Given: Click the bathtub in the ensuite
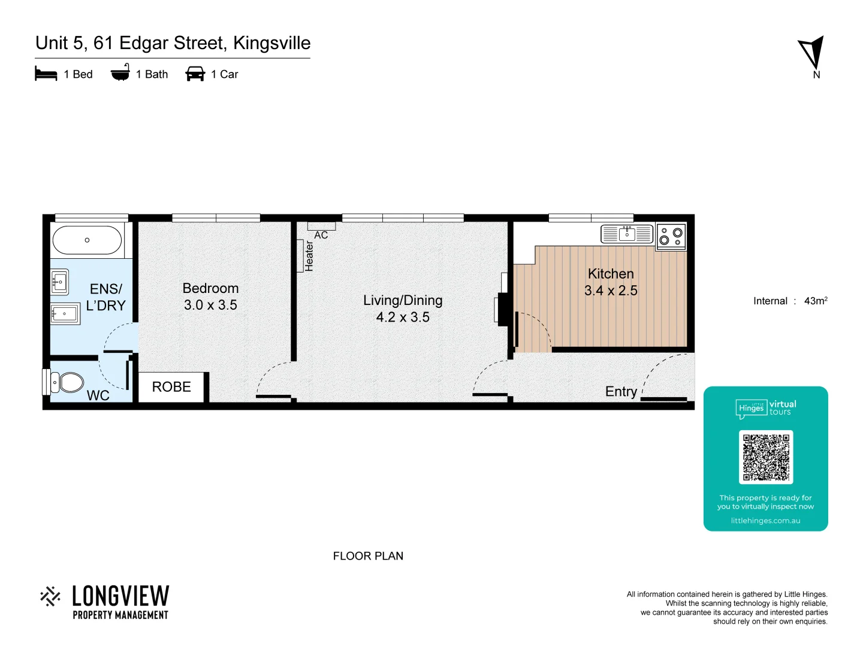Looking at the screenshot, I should pos(87,240).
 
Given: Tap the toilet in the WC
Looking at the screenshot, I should pos(67,382).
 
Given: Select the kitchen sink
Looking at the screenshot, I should pos(627,234).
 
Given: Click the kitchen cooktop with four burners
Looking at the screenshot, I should pos(671,237).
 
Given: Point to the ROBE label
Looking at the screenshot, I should pos(171,387).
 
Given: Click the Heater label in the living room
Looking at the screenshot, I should pos(309,256).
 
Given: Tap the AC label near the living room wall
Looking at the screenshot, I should pos(321,235).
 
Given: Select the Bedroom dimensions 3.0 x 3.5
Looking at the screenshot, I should pos(210,305).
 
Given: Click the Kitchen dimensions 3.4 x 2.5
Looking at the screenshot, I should pos(611,291).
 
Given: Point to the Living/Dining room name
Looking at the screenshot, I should pos(403,300).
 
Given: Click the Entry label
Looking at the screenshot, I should pos(621,392).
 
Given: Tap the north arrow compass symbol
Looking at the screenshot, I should pos(812,53).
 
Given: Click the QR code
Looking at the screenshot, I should pos(766,457).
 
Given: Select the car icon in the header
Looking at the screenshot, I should pos(195,74).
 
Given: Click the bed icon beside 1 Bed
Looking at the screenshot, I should pos(46,74).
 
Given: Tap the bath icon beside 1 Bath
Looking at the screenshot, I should pos(120,73).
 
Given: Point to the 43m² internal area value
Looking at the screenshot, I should pos(816,301).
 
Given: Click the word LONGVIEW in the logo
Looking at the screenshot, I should pos(120,596).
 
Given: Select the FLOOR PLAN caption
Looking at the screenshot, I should pos(368,556).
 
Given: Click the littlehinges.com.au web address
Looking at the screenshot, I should pos(765,521).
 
